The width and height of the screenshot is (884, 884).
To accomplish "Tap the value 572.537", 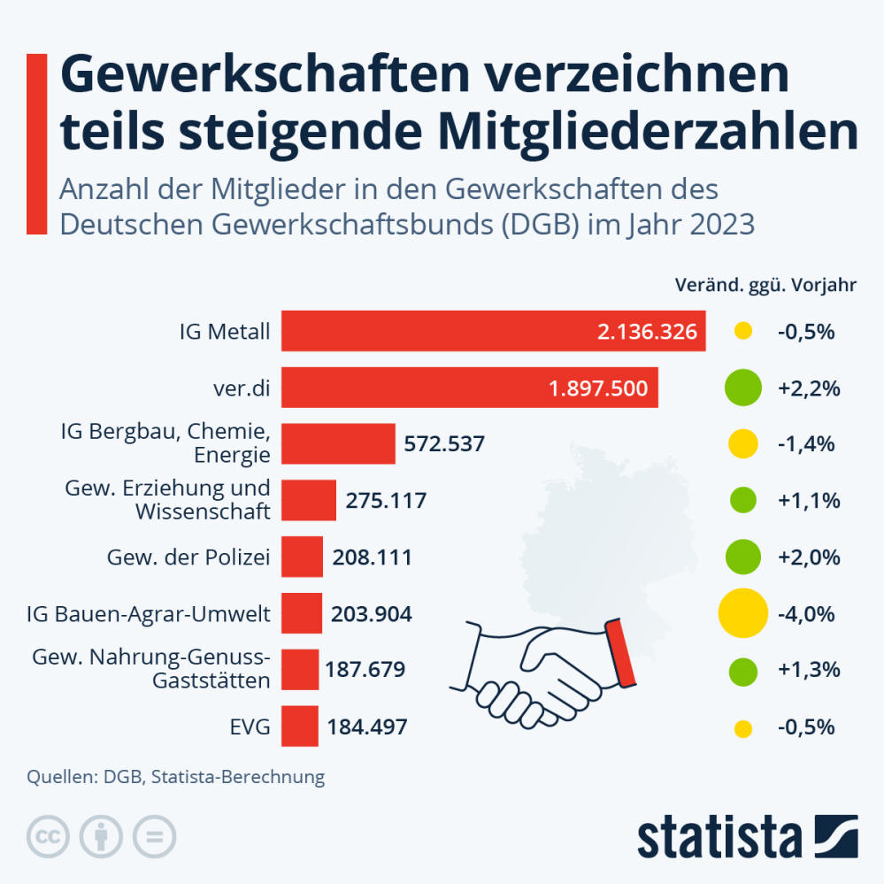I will point(444,443).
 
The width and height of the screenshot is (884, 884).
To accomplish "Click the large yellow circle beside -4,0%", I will point(742,612).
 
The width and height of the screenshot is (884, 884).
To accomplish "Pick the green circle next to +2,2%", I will point(742,388).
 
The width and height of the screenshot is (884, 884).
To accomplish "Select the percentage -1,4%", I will point(807,443).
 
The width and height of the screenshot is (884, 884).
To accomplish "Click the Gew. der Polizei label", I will point(188,557).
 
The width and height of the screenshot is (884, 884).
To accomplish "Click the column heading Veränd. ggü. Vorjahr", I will point(765,285).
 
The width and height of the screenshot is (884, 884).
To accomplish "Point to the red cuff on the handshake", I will point(620,654).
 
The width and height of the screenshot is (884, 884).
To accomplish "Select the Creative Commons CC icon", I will point(50,835).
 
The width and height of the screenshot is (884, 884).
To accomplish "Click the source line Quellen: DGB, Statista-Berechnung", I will point(176,778).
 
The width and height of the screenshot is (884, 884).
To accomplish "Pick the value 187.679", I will point(366,669).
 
